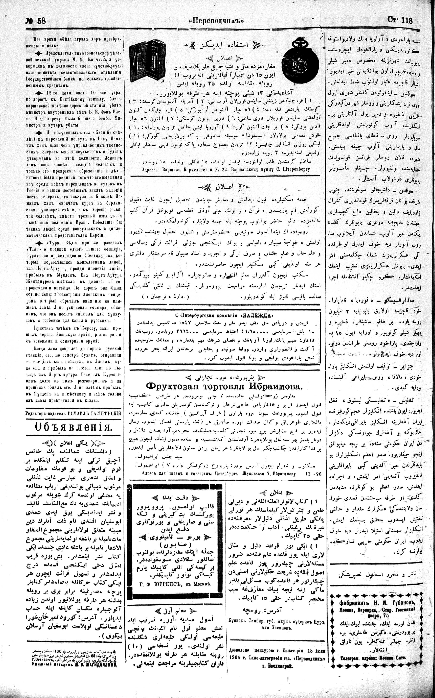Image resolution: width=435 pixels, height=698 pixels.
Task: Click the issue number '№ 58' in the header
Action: point(36,21)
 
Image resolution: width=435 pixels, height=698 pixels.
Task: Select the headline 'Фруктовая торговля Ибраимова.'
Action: point(224,387)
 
